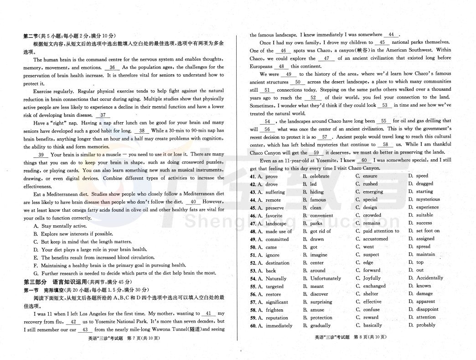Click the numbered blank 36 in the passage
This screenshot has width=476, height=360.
[112, 68]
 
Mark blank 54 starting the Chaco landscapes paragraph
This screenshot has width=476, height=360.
[267, 121]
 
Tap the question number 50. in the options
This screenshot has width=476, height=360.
[253, 247]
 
